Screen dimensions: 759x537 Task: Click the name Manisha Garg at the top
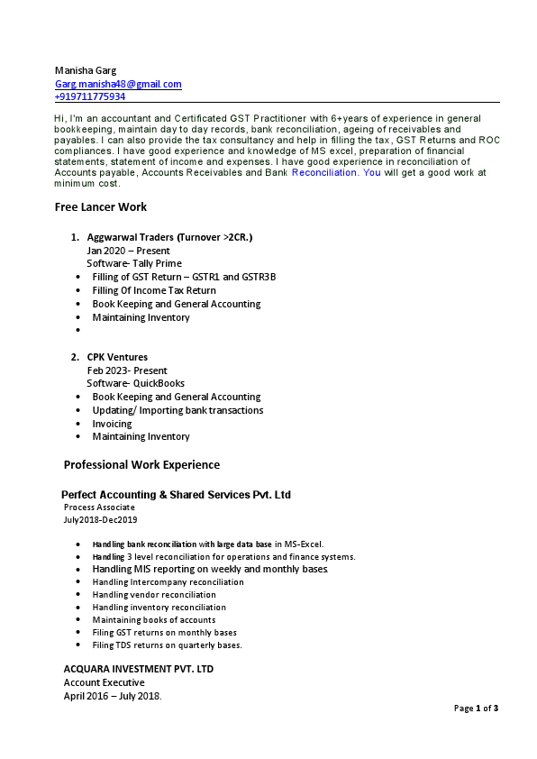click(86, 70)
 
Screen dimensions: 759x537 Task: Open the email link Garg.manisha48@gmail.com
click(118, 84)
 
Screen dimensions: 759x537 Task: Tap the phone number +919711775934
click(90, 96)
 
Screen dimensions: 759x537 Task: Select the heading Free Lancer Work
click(100, 206)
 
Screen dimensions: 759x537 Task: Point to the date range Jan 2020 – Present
click(128, 251)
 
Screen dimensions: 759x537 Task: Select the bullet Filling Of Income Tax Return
click(154, 290)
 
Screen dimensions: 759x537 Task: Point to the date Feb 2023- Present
click(127, 370)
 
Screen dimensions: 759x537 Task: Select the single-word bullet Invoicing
click(112, 424)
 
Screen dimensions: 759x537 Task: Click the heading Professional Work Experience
click(141, 465)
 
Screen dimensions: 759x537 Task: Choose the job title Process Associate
click(99, 508)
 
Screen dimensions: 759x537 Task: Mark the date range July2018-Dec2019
click(100, 520)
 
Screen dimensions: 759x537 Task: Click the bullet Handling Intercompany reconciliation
click(168, 582)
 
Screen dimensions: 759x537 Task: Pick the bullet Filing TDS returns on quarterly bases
click(167, 645)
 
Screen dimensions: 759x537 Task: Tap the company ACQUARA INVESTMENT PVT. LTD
click(138, 670)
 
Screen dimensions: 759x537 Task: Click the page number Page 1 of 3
click(476, 709)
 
